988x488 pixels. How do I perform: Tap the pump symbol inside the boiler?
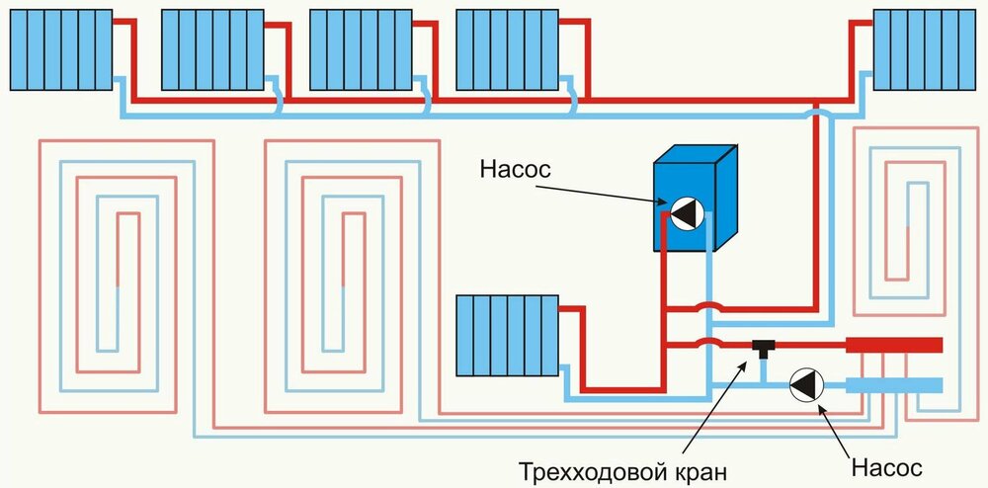(683, 214)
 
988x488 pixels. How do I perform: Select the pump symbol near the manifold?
(805, 384)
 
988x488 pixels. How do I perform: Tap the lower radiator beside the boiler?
(506, 336)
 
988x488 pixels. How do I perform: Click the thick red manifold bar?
(894, 346)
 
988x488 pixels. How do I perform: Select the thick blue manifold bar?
(894, 384)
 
